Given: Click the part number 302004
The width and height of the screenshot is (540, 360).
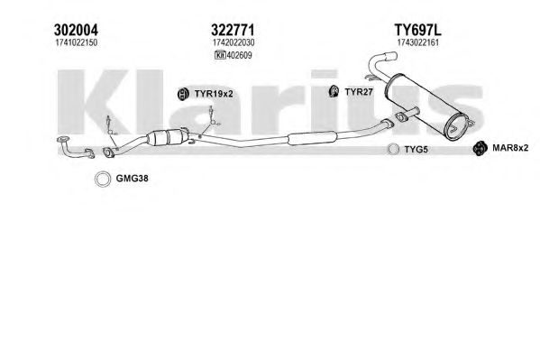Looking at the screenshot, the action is pyautogui.click(x=76, y=30).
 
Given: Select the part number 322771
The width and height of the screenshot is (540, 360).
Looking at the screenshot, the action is pyautogui.click(x=233, y=30).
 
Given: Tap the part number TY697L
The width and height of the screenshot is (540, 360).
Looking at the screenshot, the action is pyautogui.click(x=417, y=30).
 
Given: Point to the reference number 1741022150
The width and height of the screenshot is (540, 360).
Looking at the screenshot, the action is pyautogui.click(x=76, y=42).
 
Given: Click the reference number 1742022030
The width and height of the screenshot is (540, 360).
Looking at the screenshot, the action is pyautogui.click(x=233, y=42).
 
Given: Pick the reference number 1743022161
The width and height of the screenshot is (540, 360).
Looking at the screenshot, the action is pyautogui.click(x=418, y=42).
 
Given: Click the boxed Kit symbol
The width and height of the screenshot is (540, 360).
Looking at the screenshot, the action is pyautogui.click(x=220, y=55).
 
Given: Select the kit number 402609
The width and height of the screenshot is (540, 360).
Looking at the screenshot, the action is pyautogui.click(x=240, y=55).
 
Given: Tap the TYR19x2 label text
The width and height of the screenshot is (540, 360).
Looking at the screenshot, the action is pyautogui.click(x=214, y=94).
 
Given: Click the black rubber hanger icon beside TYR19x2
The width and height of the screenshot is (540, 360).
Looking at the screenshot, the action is pyautogui.click(x=183, y=94).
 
